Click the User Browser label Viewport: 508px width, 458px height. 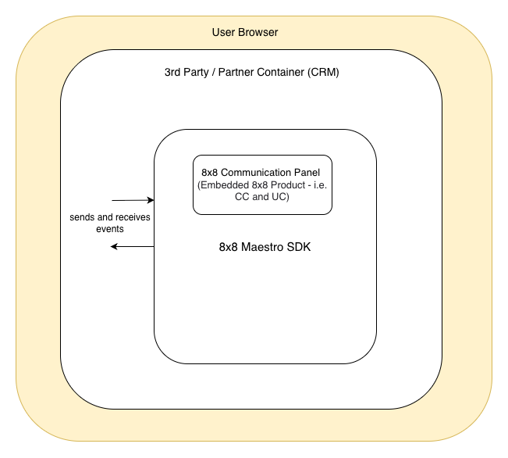pos(245,32)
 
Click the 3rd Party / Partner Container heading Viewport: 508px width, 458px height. pos(251,72)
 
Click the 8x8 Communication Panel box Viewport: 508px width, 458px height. pos(262,184)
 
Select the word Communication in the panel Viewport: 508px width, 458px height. pos(263,172)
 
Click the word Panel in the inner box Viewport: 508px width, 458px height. pos(309,172)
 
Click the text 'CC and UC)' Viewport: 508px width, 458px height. pos(262,197)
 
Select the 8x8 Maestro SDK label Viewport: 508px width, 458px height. pos(265,247)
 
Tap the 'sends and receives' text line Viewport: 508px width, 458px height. pos(110,216)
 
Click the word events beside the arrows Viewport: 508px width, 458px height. pos(110,229)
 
